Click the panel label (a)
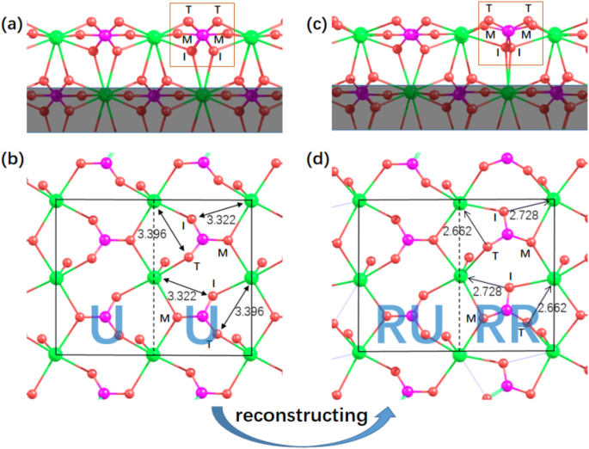click(x=12, y=23)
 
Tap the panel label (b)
click(x=12, y=159)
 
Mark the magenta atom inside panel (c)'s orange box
click(x=508, y=31)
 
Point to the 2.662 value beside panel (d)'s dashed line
click(x=457, y=231)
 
